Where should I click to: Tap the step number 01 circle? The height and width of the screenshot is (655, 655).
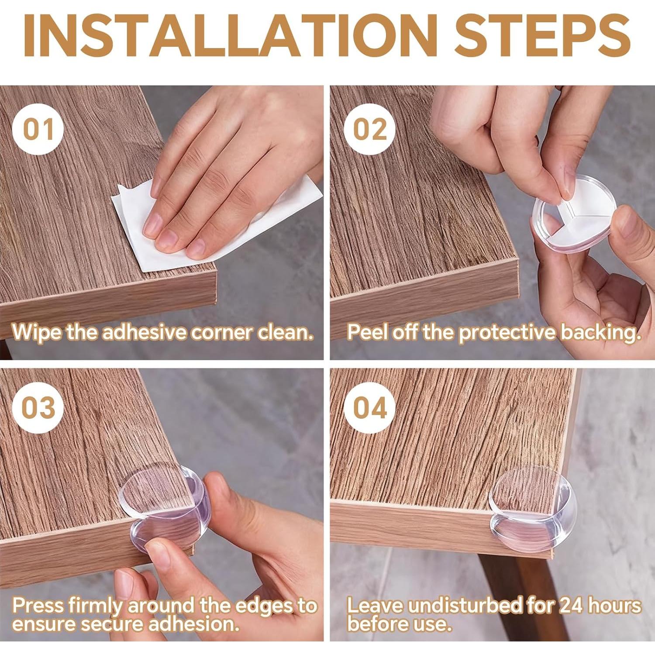click(38, 129)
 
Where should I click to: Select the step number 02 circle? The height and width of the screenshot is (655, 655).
click(369, 129)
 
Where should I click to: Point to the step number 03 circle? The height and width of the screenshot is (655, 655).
click(38, 407)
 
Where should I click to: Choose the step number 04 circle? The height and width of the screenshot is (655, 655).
click(369, 407)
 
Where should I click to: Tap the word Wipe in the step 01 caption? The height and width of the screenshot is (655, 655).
click(37, 332)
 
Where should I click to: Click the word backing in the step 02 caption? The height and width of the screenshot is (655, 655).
click(601, 333)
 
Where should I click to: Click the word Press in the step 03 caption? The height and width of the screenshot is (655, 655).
click(39, 606)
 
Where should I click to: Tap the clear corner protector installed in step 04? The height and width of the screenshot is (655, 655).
click(533, 511)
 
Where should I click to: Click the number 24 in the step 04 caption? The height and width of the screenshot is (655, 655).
click(572, 606)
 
